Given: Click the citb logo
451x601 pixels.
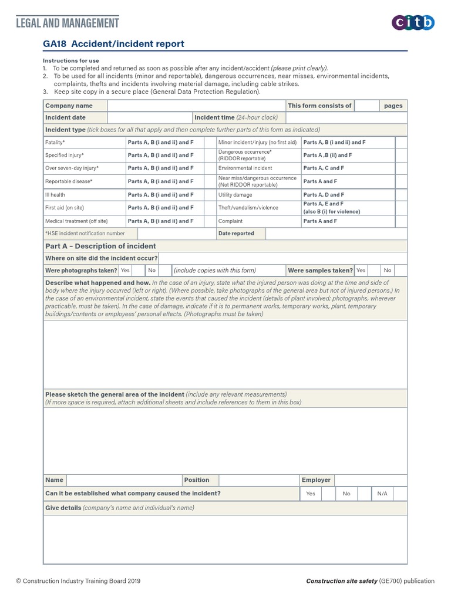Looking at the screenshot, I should point(413,23).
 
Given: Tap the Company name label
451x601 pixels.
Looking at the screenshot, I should point(69,106).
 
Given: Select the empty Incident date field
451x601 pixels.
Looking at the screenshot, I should point(150,117).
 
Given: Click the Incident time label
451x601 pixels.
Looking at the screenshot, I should point(214,117).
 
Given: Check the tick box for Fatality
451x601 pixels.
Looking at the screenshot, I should point(210,142).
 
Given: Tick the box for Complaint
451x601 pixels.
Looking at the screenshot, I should point(400,221).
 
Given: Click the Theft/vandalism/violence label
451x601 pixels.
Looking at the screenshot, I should point(248,208).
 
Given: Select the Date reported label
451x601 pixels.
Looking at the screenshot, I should point(236,234).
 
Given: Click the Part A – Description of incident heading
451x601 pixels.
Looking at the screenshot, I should point(100,246).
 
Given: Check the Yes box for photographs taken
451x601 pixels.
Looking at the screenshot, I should point(139,270).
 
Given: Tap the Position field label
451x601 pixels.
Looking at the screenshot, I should point(196,480).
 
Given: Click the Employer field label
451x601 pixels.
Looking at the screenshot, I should point(316,480).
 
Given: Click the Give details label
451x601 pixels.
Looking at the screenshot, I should point(63,507).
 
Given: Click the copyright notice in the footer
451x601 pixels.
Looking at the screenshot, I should point(78,581).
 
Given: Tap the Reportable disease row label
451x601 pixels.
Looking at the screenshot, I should point(69,181).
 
